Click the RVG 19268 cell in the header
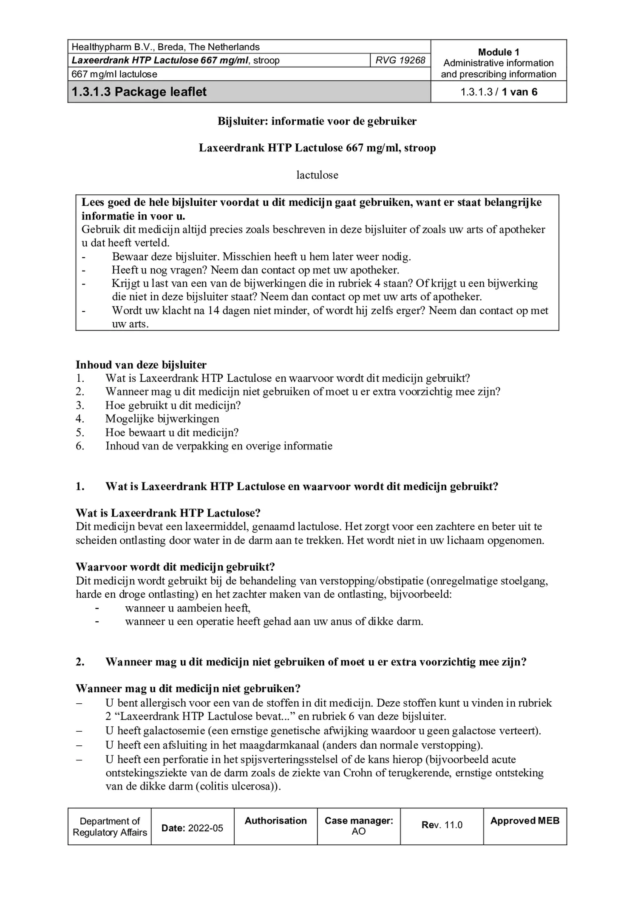(x=400, y=60)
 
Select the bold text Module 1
(x=498, y=52)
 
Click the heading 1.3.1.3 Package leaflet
(x=139, y=92)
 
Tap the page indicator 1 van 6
(x=519, y=92)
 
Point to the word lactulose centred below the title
(x=317, y=175)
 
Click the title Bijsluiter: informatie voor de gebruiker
(x=317, y=121)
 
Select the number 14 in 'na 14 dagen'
(x=213, y=310)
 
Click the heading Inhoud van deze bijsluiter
(x=141, y=364)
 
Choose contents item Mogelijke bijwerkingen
(x=162, y=419)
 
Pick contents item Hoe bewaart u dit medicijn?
(x=172, y=432)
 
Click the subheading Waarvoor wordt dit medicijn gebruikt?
(x=175, y=567)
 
